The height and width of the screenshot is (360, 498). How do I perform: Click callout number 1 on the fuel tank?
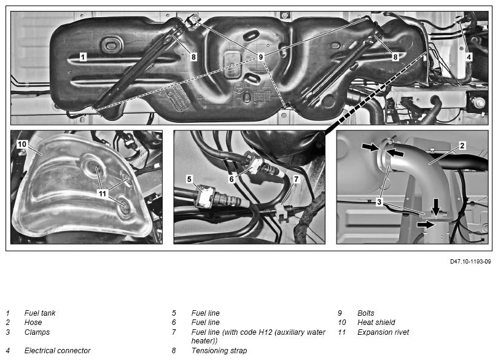pyautogui.click(x=83, y=57)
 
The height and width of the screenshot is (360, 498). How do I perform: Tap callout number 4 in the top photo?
pyautogui.click(x=469, y=57)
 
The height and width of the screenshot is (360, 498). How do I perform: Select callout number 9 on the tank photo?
pyautogui.click(x=261, y=57)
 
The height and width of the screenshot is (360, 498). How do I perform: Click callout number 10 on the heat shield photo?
pyautogui.click(x=22, y=144)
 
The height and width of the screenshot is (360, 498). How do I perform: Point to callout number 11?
pyautogui.click(x=103, y=194)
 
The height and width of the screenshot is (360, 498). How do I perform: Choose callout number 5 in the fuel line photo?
pyautogui.click(x=189, y=179)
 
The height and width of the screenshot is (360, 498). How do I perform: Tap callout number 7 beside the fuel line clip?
pyautogui.click(x=297, y=179)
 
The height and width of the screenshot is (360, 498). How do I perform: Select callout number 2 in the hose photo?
pyautogui.click(x=462, y=146)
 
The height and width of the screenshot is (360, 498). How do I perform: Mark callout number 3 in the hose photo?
pyautogui.click(x=379, y=202)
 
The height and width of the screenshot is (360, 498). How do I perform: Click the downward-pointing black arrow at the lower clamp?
pyautogui.click(x=437, y=206)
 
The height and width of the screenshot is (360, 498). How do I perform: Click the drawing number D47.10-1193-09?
pyautogui.click(x=470, y=262)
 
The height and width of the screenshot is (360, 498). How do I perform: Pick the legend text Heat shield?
pyautogui.click(x=376, y=323)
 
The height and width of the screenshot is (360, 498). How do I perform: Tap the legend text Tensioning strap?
pyautogui.click(x=219, y=351)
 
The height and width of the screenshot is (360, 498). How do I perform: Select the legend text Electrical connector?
pyautogui.click(x=58, y=351)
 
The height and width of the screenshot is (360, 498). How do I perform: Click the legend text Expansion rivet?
pyautogui.click(x=383, y=332)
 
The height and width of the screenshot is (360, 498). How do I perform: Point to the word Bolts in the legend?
pyautogui.click(x=366, y=313)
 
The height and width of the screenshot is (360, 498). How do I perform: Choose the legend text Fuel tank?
pyautogui.click(x=40, y=313)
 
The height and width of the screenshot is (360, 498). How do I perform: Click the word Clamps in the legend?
pyautogui.click(x=37, y=332)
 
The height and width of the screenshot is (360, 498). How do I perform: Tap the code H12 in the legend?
pyautogui.click(x=265, y=332)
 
